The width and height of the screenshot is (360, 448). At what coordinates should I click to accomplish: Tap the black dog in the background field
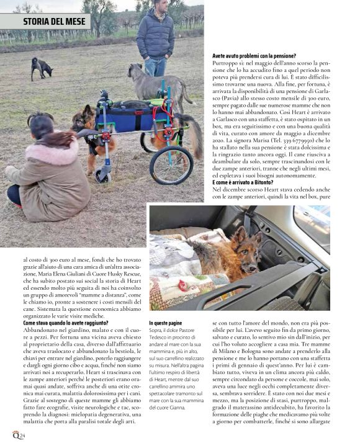(42, 66)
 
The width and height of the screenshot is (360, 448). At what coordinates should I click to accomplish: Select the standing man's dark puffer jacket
(155, 37)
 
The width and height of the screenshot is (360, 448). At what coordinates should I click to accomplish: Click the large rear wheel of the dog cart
(171, 165)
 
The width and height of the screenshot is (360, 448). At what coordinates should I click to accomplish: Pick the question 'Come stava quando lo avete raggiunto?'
(65, 323)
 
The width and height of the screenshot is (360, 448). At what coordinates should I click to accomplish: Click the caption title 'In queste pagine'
(166, 323)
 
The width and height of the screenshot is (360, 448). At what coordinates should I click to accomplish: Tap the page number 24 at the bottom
(22, 436)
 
